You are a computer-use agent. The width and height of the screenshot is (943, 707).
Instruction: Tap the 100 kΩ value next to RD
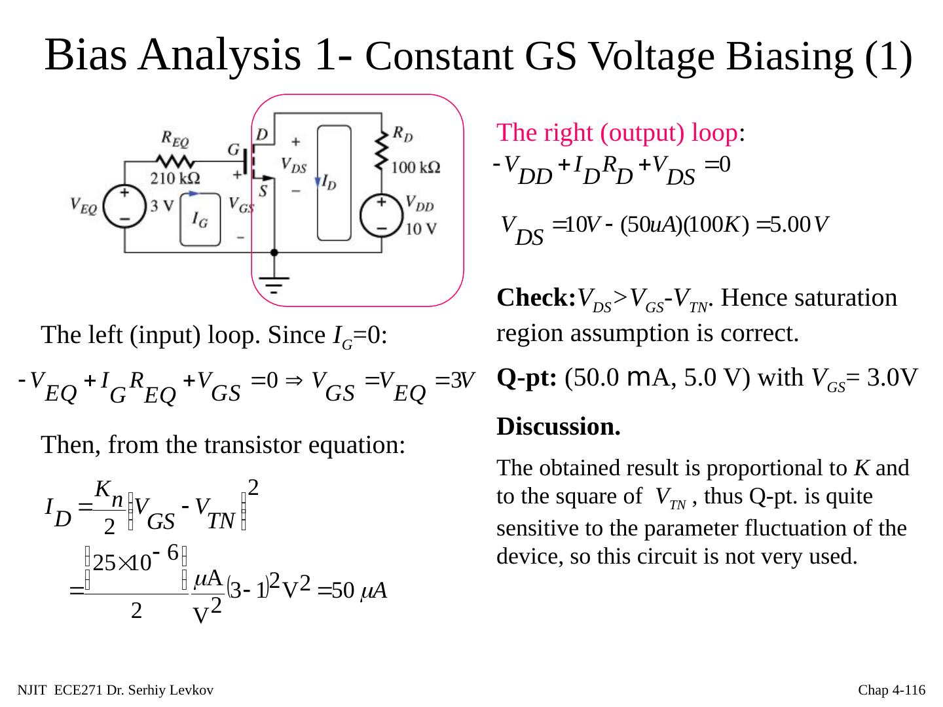point(415,168)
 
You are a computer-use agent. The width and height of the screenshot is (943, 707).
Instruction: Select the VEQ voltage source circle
point(124,208)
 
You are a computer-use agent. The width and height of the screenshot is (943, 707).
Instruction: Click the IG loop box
point(201,219)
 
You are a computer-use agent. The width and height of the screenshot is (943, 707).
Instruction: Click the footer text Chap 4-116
point(891,690)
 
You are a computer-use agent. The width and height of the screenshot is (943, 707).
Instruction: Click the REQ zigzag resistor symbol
point(174,160)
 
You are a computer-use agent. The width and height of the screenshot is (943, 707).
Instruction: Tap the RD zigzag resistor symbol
point(381,149)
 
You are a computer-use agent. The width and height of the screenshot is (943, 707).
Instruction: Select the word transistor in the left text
point(297,445)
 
